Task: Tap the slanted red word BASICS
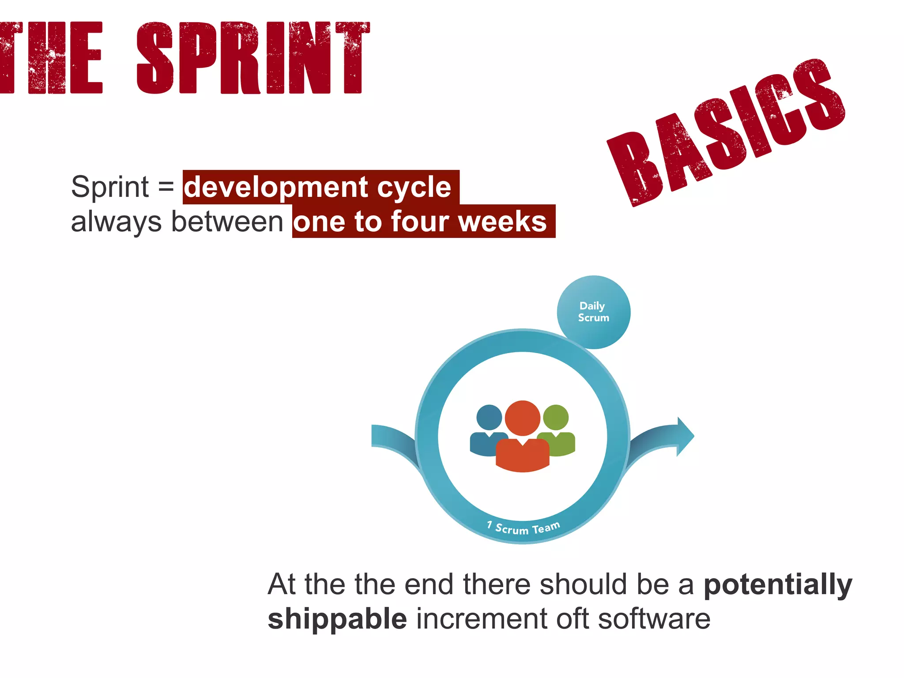click(x=726, y=132)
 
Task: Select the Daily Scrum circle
click(x=594, y=312)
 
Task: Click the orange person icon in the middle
click(x=523, y=437)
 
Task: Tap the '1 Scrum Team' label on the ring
click(x=524, y=527)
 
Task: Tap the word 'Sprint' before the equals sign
click(x=110, y=187)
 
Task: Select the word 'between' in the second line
click(x=227, y=222)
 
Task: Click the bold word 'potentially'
click(x=778, y=585)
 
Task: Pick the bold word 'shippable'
click(x=337, y=619)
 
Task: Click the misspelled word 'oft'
click(x=572, y=619)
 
